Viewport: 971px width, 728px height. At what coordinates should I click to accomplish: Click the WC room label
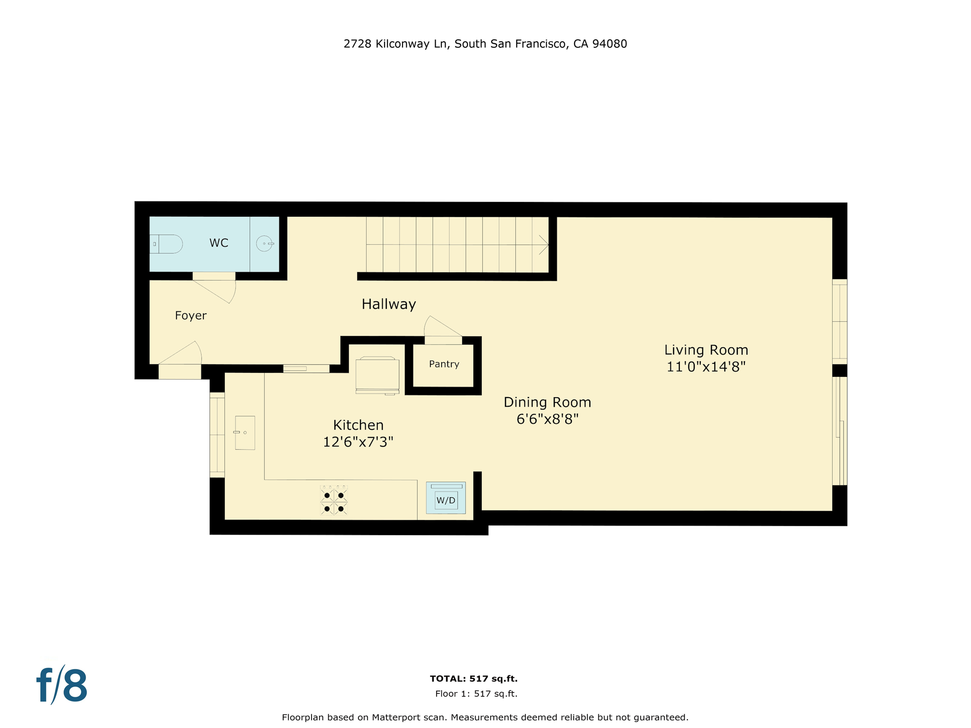(x=219, y=243)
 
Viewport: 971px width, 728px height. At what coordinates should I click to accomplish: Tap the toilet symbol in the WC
(x=167, y=244)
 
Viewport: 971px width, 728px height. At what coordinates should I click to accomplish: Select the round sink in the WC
(x=265, y=244)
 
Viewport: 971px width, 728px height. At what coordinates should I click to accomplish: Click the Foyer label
(x=191, y=316)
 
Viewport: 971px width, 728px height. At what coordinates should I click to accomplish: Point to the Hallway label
(x=389, y=304)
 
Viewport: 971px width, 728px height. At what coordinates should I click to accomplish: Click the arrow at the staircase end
(x=543, y=245)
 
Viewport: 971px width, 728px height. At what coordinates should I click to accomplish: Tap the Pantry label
(x=444, y=364)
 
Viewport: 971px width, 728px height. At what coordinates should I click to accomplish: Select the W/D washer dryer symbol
(x=446, y=499)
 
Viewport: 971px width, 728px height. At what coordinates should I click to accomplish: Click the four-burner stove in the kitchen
(x=334, y=501)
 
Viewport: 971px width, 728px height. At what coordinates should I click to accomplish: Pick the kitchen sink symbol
(x=245, y=433)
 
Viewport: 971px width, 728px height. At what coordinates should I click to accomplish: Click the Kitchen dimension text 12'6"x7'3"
(x=358, y=442)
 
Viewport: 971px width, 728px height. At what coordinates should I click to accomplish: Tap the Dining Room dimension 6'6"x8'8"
(x=548, y=419)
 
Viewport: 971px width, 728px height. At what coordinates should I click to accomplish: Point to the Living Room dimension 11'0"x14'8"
(x=706, y=367)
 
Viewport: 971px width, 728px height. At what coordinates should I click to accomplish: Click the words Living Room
(x=706, y=350)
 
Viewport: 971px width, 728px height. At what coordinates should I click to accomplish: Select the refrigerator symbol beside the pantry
(x=377, y=375)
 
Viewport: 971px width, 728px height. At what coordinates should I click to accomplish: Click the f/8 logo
(x=62, y=685)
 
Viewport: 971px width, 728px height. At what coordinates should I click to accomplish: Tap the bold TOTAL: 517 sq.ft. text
(x=473, y=679)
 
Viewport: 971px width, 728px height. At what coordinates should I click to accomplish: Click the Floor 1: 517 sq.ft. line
(x=476, y=694)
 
